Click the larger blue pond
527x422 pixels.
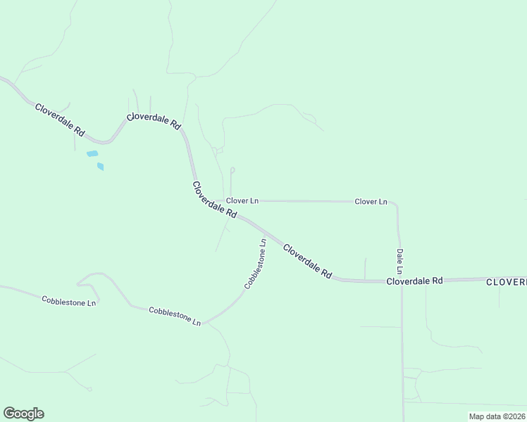coord(92,153)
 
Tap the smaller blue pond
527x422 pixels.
coord(101,167)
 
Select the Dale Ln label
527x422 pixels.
coord(399,261)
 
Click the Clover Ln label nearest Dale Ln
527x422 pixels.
coord(371,202)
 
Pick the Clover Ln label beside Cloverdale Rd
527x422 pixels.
coord(242,201)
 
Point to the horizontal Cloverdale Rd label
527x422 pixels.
coord(414,280)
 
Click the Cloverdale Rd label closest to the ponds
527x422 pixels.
coord(61,120)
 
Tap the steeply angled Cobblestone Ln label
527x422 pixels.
coord(255,264)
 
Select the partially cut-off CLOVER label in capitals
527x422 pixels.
coord(506,281)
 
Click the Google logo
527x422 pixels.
coord(23,414)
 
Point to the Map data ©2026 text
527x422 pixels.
coord(497,416)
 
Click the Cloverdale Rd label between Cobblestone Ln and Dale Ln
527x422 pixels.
coord(307,261)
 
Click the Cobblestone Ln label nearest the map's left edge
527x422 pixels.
coord(69,301)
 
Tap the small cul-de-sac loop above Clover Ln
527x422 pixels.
coord(232,170)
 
